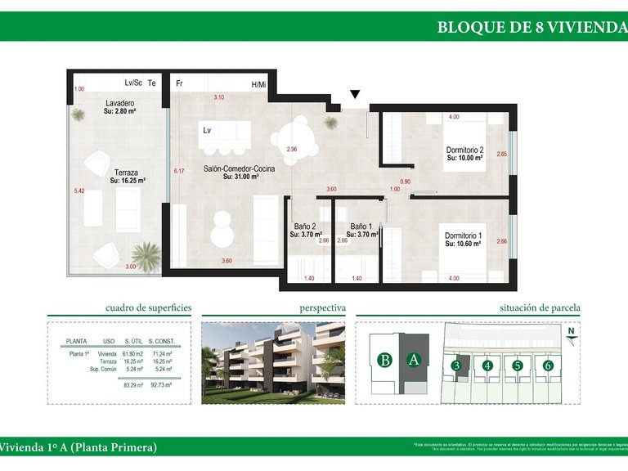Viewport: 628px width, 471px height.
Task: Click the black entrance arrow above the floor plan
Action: tap(355, 96)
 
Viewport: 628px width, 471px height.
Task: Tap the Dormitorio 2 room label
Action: tap(465, 150)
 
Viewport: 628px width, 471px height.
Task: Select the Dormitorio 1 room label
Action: tap(464, 236)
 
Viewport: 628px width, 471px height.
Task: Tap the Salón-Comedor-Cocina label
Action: tap(239, 168)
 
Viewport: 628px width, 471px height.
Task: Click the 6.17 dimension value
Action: tap(179, 171)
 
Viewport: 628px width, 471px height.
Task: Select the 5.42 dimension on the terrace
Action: tap(79, 191)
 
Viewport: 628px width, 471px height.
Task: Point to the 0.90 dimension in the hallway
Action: tap(405, 182)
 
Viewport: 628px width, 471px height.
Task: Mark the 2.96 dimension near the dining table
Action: tap(291, 150)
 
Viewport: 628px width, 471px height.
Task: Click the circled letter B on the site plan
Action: tap(384, 358)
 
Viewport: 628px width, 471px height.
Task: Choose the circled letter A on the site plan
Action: tap(414, 358)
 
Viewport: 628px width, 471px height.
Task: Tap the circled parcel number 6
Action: tap(548, 366)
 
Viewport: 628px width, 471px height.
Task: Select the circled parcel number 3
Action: tap(457, 366)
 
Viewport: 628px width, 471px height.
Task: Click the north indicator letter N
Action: tap(573, 331)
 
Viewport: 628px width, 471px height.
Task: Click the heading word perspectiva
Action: tap(322, 308)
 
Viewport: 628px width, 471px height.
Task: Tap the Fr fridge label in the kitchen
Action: tap(178, 83)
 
